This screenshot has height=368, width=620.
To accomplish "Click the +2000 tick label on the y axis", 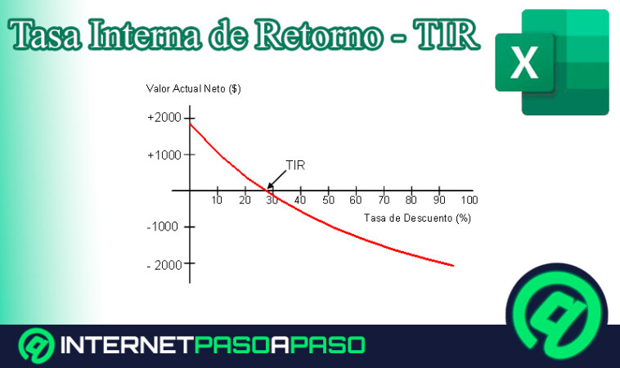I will (x=164, y=118).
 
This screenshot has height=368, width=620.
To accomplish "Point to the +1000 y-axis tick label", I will (x=164, y=155).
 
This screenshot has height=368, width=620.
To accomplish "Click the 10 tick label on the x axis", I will (x=217, y=200).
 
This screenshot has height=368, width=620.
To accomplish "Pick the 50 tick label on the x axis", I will (x=328, y=200).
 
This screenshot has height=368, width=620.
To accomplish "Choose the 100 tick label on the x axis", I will (x=468, y=200).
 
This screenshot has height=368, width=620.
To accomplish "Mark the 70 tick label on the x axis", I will (x=384, y=200).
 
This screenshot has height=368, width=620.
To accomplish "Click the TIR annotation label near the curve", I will (x=296, y=164).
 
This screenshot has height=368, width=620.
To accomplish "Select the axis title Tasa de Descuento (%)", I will (x=418, y=218).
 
